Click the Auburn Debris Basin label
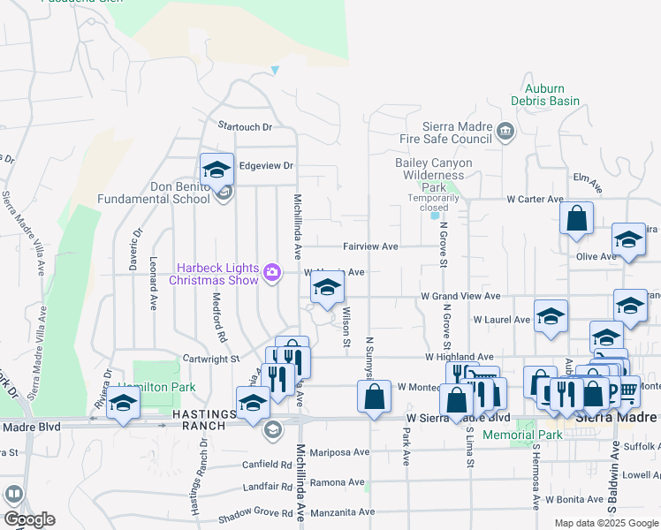coord(551,95)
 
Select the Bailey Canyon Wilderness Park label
coord(433,175)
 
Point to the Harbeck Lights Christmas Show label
coord(217,274)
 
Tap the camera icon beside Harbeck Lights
coord(273,273)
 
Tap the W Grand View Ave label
coord(460,297)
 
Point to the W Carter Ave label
coord(535,200)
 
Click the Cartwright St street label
coord(211,360)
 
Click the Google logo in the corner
coord(30,519)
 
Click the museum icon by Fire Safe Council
coord(505,132)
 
